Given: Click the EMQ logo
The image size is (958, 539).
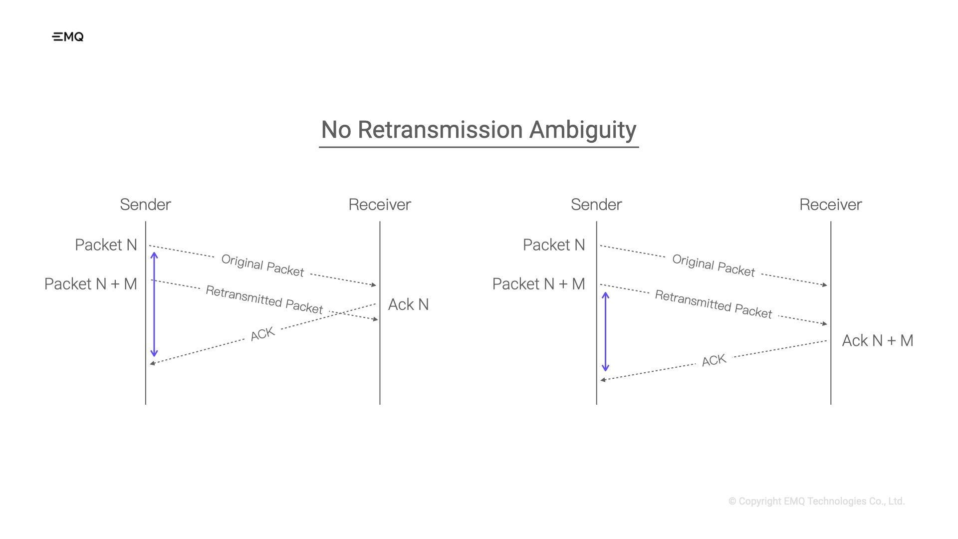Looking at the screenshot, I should coord(68,37).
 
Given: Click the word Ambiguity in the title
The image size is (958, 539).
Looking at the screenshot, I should coord(582,130).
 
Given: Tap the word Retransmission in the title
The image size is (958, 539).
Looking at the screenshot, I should coord(441,130).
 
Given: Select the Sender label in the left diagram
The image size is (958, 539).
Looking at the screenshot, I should coord(145,205).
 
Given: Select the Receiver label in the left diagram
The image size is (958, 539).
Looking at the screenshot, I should coord(379,205).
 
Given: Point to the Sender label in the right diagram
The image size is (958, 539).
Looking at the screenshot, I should coord(596,205).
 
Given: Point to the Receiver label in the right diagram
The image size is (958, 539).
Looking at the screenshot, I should coord(830,205).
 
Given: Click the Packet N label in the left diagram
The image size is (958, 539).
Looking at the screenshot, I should coord(106,245).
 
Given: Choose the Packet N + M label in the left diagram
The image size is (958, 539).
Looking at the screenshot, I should coord(90,284).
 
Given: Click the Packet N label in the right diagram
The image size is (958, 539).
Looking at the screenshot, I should coord(554,245).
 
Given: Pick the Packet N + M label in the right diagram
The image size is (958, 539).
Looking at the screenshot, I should coord(538,284).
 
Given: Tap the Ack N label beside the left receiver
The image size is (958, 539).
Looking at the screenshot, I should coord(408,304).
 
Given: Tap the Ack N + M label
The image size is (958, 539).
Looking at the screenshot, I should coord(878,341).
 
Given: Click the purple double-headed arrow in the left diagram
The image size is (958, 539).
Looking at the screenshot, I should coord(154,304).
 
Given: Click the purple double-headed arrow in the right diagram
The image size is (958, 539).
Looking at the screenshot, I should coord(605,332).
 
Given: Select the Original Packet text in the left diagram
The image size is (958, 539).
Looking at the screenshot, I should coord(262,266).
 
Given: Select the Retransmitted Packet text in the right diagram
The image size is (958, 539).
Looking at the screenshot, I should coord(714,304).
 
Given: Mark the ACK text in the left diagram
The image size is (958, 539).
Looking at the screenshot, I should coord(262,334).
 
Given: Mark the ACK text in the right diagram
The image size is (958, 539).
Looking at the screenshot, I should coord(714,360).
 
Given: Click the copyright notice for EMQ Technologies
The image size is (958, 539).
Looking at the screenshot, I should coord(816,501).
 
